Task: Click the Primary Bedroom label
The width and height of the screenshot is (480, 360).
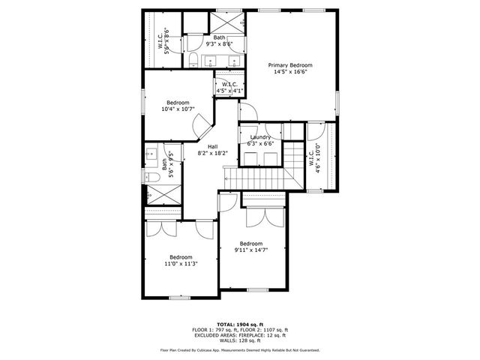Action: coord(290,65)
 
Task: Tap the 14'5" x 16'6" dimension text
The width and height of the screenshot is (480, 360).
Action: coord(290,73)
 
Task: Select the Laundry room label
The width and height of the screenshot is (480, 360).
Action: coord(260,137)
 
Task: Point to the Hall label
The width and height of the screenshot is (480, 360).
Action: coord(212,146)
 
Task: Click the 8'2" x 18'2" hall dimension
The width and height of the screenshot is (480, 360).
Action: coord(212,153)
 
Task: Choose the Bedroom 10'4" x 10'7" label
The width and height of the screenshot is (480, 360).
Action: coord(178,102)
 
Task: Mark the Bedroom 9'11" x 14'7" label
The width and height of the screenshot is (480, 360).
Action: coord(250,243)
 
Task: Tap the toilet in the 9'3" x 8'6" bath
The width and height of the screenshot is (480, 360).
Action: coord(192,58)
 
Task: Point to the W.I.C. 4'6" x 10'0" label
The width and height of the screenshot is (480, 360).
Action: coord(314,158)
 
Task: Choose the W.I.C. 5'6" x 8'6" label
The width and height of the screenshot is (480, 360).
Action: coord(163,39)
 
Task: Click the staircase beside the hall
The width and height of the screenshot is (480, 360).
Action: coord(260,178)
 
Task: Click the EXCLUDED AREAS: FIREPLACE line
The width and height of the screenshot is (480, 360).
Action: coord(239,334)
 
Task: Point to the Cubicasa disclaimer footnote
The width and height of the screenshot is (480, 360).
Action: coord(239,349)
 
